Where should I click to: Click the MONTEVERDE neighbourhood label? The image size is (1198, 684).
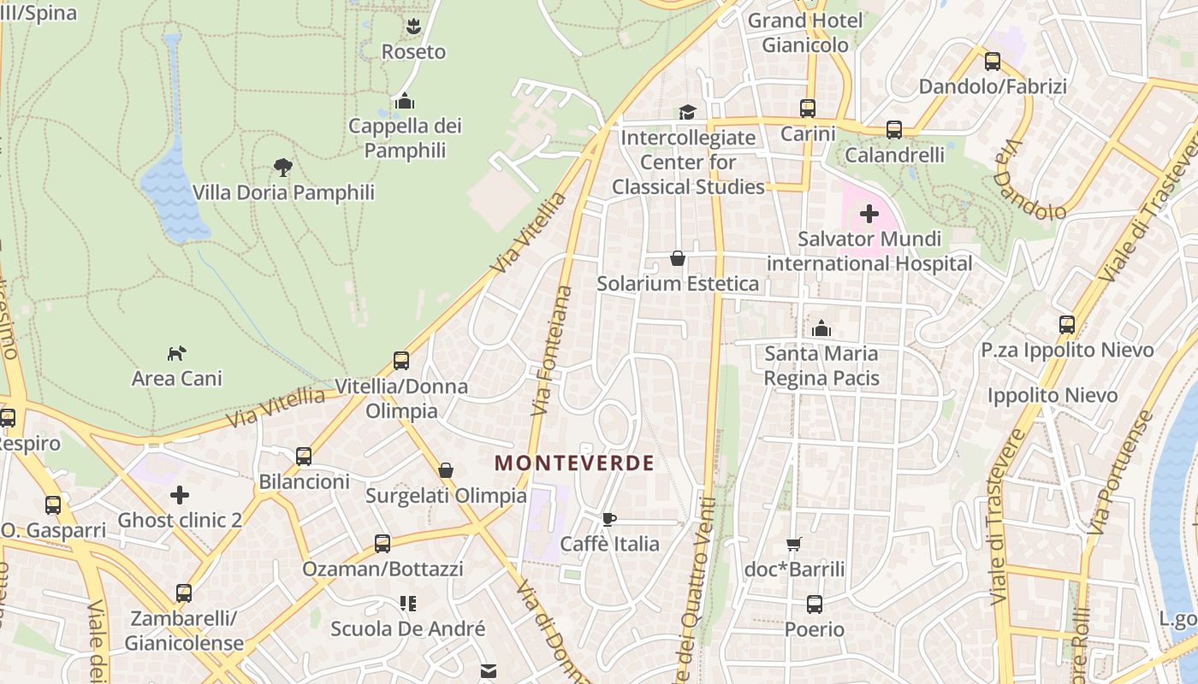(x=574, y=463)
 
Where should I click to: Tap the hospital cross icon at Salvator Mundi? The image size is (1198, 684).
(x=869, y=214)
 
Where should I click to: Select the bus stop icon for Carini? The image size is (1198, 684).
(x=808, y=109)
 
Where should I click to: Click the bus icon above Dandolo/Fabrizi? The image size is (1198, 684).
(x=993, y=62)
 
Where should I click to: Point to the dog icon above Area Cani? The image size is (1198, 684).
(x=176, y=353)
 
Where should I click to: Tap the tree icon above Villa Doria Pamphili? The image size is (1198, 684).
(x=282, y=167)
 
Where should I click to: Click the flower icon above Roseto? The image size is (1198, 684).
(x=413, y=27)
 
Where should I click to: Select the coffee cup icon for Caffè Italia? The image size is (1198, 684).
(x=608, y=519)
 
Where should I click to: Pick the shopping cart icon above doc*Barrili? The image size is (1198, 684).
(x=794, y=544)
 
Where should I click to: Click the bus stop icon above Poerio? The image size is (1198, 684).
(x=815, y=604)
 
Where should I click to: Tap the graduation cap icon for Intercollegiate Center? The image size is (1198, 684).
(x=687, y=112)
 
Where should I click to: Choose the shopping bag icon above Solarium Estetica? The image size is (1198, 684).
(x=678, y=258)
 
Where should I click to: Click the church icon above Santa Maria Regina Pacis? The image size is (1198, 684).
(x=821, y=328)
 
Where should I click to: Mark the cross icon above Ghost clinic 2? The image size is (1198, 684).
(x=180, y=495)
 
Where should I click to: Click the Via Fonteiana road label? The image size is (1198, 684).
(x=552, y=351)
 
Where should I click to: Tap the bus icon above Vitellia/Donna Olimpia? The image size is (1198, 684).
(x=401, y=361)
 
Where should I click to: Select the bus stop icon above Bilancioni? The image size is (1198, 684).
(x=304, y=457)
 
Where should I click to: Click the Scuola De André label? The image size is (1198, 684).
(x=408, y=629)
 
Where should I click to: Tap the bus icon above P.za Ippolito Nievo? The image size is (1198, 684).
(x=1067, y=325)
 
